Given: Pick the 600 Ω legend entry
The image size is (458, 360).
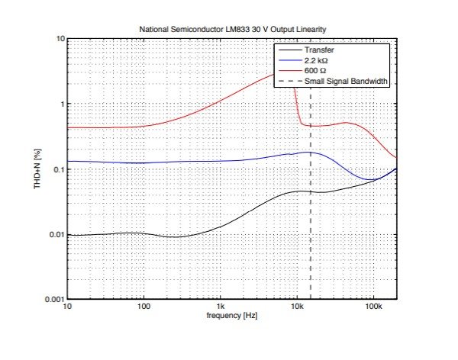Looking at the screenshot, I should [x=317, y=71].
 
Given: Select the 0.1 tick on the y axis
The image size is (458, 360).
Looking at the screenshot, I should [x=54, y=169].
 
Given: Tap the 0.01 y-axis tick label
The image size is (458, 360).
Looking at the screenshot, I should [x=52, y=235].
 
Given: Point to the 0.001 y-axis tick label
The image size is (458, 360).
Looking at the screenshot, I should [x=50, y=300].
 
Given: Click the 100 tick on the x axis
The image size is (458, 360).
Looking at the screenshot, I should [x=144, y=307].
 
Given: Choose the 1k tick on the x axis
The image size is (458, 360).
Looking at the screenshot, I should [x=220, y=307].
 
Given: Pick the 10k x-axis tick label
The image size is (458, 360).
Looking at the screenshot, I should [x=296, y=307].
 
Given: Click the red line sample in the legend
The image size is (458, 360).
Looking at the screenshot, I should [x=289, y=71].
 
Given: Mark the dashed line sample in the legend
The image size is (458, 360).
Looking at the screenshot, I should [x=289, y=81].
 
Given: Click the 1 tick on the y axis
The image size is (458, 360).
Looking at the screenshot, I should [x=60, y=104].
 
